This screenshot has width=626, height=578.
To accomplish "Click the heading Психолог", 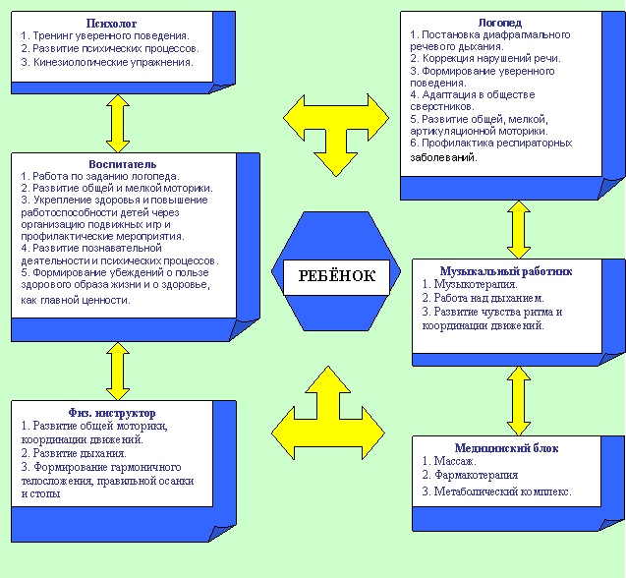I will (x=111, y=21).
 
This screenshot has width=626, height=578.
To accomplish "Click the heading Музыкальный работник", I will (x=505, y=269).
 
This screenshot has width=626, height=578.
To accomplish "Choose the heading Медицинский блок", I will (x=506, y=447).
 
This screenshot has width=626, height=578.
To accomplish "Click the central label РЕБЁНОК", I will (x=336, y=276).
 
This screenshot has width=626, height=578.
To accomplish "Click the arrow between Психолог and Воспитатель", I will (x=119, y=122).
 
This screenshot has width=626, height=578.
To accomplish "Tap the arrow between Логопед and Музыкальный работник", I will (x=514, y=229).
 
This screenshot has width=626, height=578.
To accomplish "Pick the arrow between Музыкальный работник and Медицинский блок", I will (x=514, y=400).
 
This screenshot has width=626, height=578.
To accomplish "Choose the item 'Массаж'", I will (x=452, y=461).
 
